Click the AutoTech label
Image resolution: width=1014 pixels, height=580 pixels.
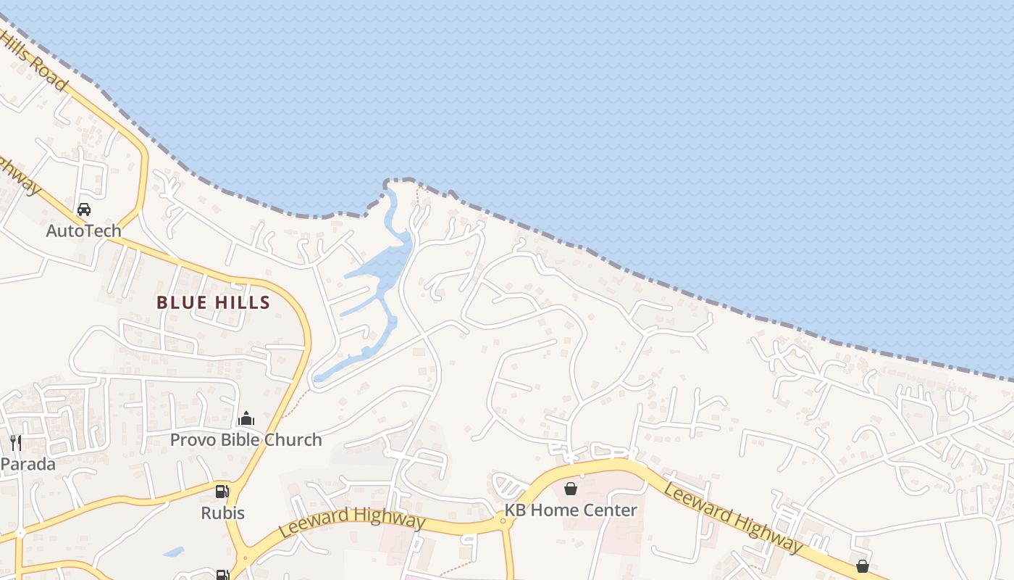pos(83,231)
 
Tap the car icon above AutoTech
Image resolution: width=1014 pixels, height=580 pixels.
pos(84,210)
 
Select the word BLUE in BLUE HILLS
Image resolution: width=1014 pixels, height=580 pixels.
pos(182,302)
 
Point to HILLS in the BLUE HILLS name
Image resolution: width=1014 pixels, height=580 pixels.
pos(242,302)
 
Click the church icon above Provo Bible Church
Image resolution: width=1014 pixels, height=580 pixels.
pos(246,418)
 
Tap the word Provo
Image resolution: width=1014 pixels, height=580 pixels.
pos(193,439)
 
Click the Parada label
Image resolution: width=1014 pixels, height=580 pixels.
pos(28,463)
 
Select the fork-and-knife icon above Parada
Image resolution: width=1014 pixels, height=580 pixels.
pos(15,442)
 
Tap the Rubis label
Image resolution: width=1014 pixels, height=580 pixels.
pos(222,513)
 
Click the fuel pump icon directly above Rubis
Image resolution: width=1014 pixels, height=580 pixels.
pos(222,492)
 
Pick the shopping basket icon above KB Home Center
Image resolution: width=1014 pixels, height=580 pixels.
pos(571,489)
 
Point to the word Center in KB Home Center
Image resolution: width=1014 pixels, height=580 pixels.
pos(611,510)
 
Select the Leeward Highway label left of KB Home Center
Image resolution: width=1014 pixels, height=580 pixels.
pos(352,521)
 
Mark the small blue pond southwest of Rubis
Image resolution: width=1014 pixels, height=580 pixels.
pos(173,552)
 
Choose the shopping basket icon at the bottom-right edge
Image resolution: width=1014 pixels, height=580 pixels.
pos(863,566)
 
